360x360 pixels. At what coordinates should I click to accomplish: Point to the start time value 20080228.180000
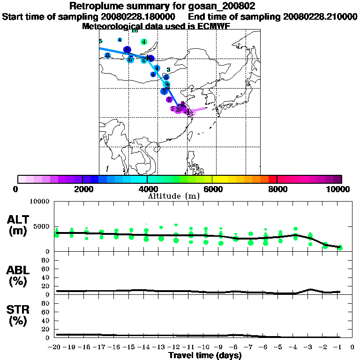point(138,17)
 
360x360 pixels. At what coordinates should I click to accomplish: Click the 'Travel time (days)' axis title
point(205,356)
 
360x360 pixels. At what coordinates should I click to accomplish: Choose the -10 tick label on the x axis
point(205,347)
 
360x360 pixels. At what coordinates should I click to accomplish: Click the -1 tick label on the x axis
point(339,347)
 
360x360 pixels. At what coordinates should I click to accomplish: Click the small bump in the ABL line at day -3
point(310,289)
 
